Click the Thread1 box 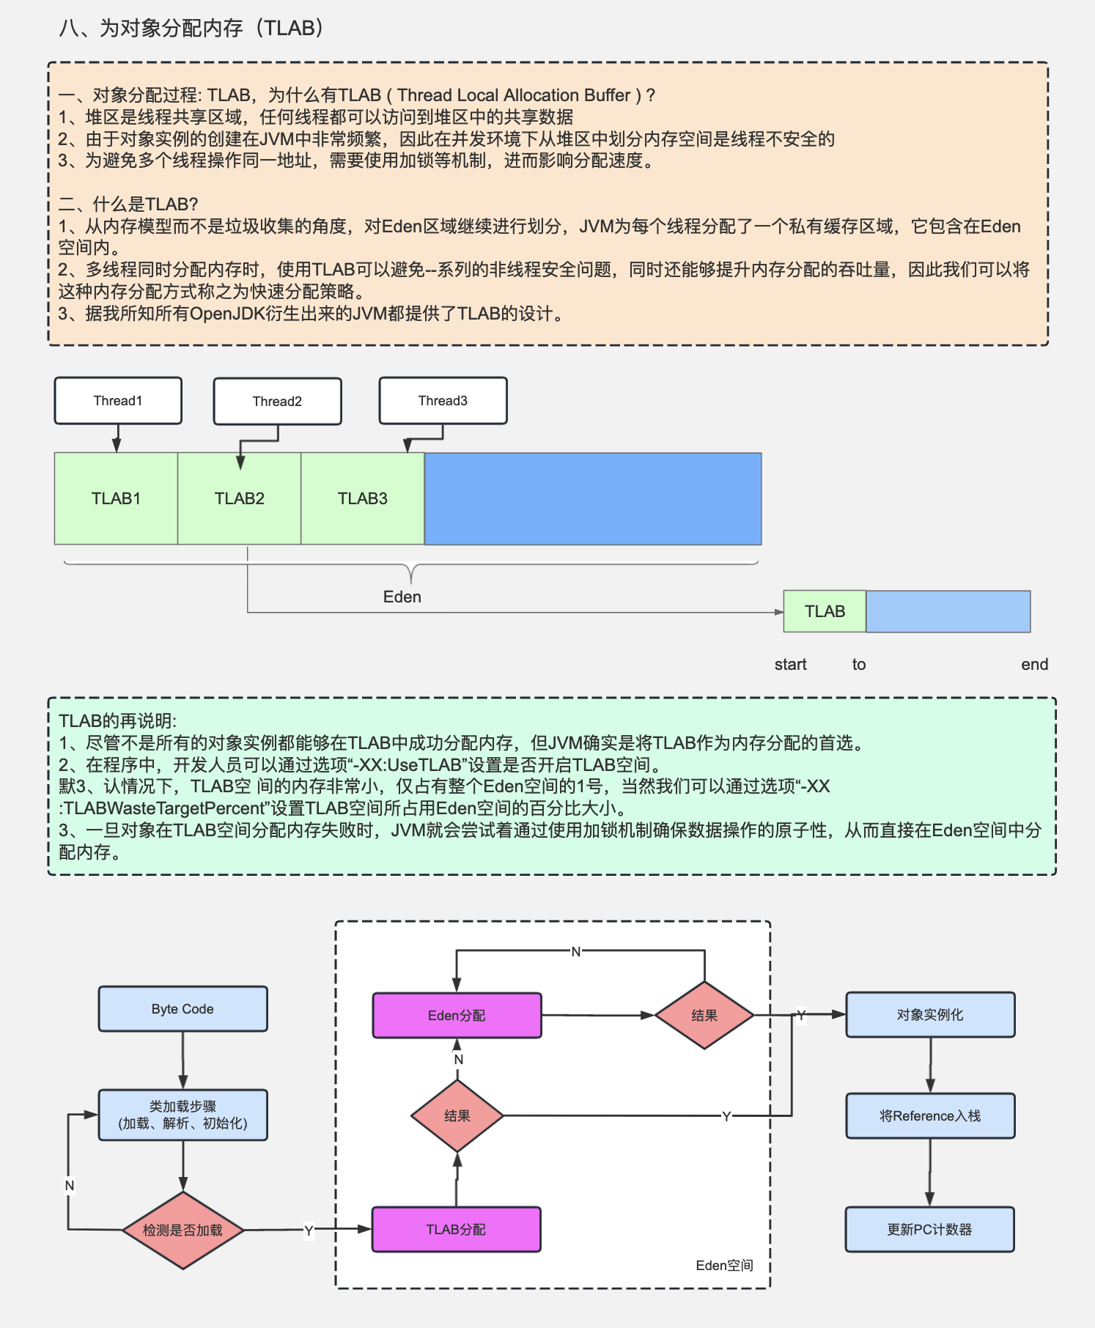[118, 401]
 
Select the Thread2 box [277, 402]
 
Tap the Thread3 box [443, 401]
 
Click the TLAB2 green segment [239, 498]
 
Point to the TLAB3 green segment [362, 498]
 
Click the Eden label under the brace [402, 597]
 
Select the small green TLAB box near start [825, 611]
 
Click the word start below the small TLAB [790, 665]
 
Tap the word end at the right [1034, 665]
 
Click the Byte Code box [182, 1009]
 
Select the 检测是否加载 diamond [182, 1231]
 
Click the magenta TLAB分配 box [456, 1230]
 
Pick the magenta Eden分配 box [457, 1016]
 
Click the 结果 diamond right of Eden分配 [704, 1016]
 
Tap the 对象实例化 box [930, 1015]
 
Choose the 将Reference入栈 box [930, 1116]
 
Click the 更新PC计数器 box [929, 1230]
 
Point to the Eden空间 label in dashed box [724, 1266]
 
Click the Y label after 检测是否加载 [309, 1231]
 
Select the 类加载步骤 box [182, 1115]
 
